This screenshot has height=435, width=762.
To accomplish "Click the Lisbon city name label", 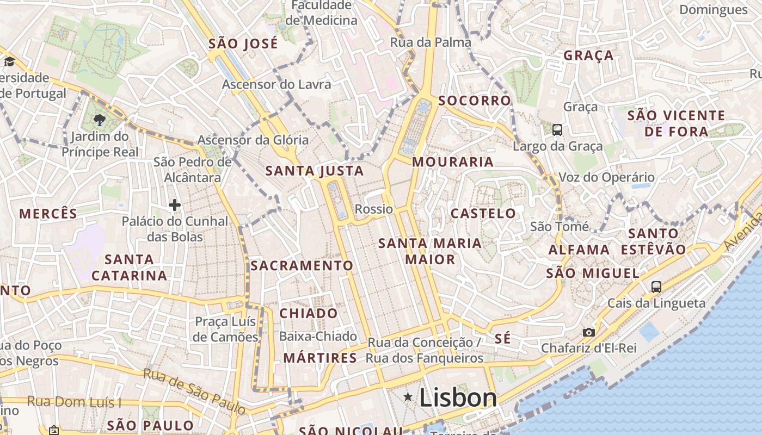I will pos(458,397).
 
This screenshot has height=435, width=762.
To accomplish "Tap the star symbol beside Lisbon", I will pos(408,397).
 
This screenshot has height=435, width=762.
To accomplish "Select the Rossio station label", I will pos(373,209).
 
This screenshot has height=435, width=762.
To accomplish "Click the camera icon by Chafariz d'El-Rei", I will pos(588,332).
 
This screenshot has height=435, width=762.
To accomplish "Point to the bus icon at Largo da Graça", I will pos(557,130).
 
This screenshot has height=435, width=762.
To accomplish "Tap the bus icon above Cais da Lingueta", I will pos(656,287).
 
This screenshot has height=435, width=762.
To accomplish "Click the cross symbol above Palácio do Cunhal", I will pos(174,205).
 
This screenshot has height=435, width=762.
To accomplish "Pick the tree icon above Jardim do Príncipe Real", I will pos(99,120).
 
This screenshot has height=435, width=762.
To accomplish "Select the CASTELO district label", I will pos(483,213).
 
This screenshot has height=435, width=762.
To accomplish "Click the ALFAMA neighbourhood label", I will pos(579,250).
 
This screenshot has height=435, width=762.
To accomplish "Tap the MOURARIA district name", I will pos(453,162).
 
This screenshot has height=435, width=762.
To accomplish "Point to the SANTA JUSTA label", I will pos(315,171).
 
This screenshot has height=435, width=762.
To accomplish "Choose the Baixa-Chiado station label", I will pos(318,337).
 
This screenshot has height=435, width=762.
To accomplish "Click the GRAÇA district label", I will pos(588,55).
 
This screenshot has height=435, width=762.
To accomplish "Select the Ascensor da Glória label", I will pos(253,140).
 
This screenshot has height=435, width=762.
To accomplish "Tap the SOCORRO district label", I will pos(475,101).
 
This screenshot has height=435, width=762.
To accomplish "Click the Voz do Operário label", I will pos(607,177).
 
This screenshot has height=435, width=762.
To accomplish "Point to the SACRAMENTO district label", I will pos(302,265).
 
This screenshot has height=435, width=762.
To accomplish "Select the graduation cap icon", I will pos(9,61).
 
